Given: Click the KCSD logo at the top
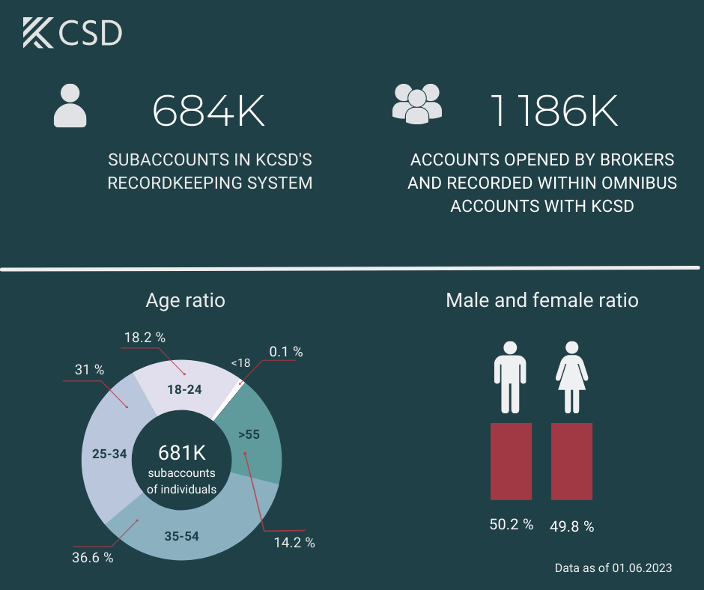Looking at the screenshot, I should pos(72,33).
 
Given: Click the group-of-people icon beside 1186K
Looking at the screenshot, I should pos(417,103).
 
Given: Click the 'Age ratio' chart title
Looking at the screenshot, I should pos(185,301).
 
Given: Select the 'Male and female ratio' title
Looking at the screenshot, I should pos(541,301).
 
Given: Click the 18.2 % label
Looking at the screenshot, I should pos(145,338).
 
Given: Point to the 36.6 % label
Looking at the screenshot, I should pos(93,557).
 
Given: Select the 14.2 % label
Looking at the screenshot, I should pos(294,542).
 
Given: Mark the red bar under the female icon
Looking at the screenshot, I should pos(571,461).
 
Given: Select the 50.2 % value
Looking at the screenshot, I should pos(512,525).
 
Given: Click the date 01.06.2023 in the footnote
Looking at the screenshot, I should pos(643,568).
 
